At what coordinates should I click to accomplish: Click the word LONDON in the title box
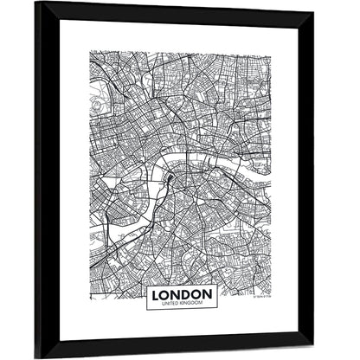point(179,294)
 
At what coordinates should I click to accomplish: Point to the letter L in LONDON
point(156,294)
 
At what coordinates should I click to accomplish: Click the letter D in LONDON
point(184,294)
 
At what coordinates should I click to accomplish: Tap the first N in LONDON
point(175,294)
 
